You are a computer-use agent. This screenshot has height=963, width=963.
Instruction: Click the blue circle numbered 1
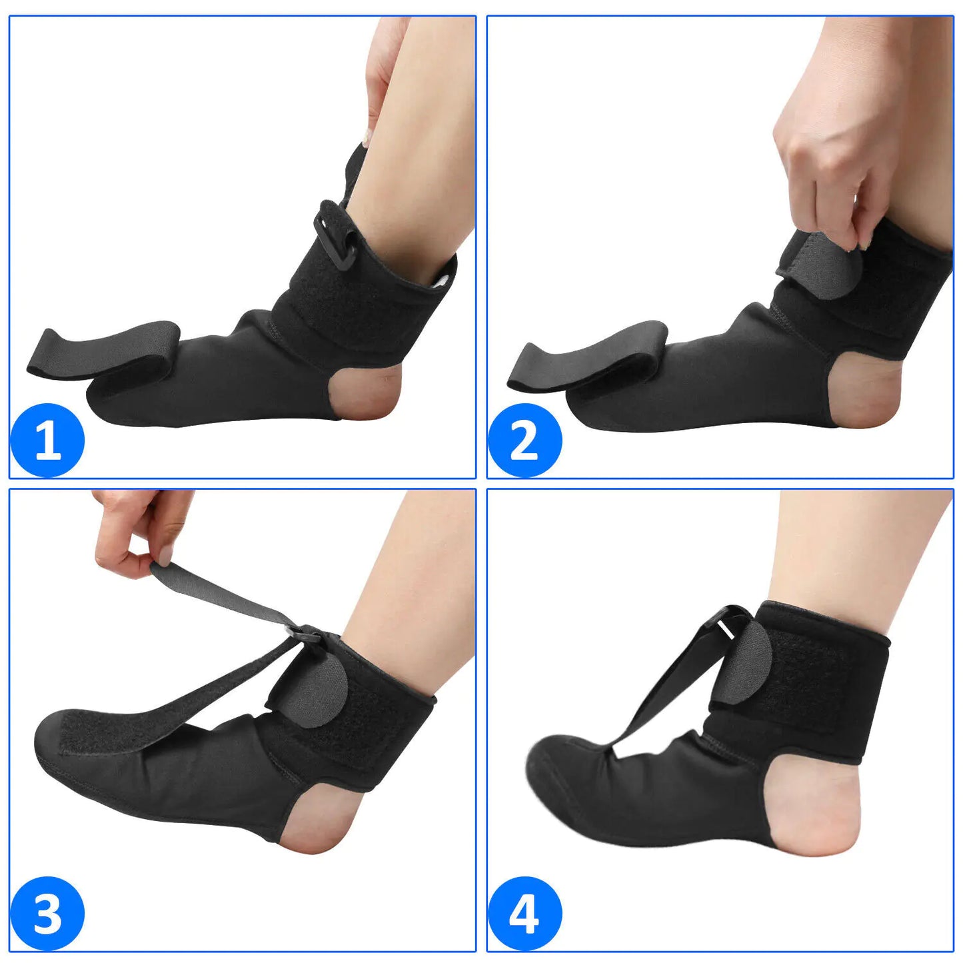coord(47,440)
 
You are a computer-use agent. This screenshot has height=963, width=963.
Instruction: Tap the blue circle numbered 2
coord(524,440)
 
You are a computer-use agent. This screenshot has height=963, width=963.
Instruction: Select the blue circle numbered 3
coord(47,913)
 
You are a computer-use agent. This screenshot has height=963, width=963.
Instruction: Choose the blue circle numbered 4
coord(524,913)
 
